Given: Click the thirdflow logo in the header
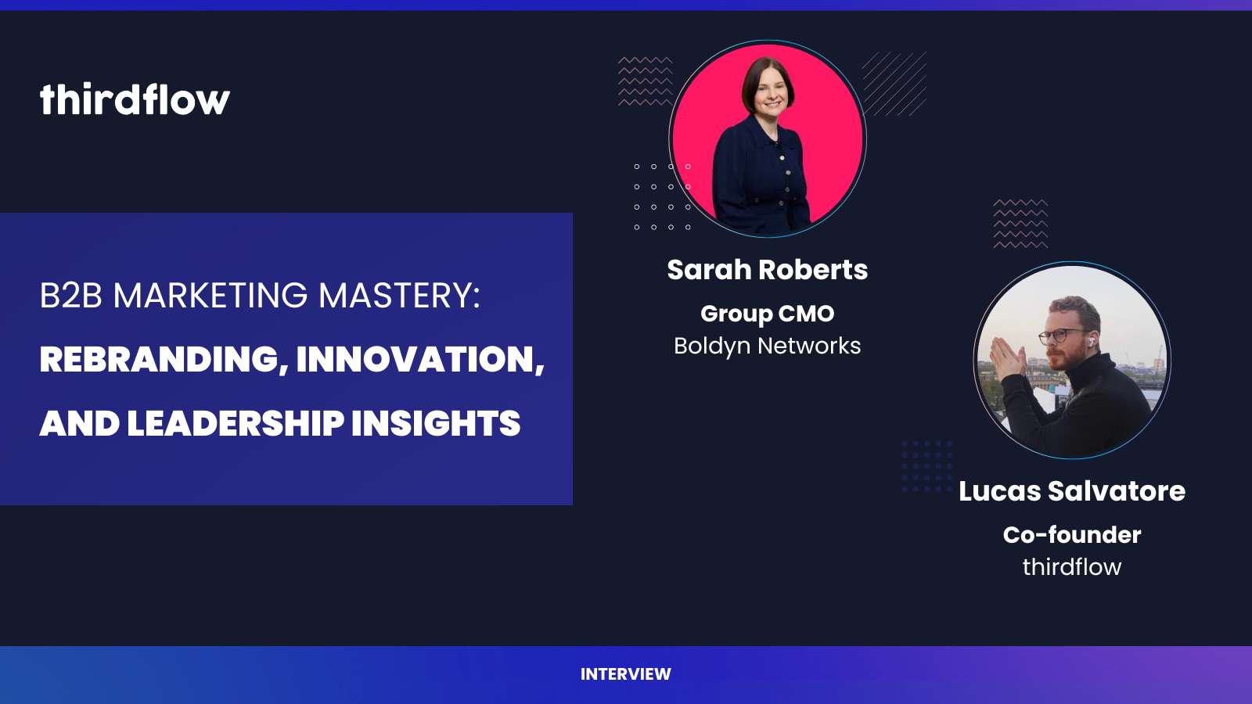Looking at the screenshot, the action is pyautogui.click(x=135, y=99).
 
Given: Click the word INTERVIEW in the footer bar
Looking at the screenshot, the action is pyautogui.click(x=625, y=673).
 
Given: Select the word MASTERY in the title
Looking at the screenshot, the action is pyautogui.click(x=399, y=295).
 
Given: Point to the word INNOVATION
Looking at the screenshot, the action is pyautogui.click(x=420, y=359).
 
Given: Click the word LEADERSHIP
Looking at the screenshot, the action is pyautogui.click(x=236, y=423).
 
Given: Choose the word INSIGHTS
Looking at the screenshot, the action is pyautogui.click(x=436, y=423).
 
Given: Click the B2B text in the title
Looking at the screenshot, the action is pyautogui.click(x=71, y=295).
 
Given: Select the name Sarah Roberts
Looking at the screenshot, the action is pyautogui.click(x=768, y=269).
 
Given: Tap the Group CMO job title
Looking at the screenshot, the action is pyautogui.click(x=768, y=314).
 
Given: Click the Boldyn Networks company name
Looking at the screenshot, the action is pyautogui.click(x=768, y=346).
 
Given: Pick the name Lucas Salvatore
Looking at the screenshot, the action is pyautogui.click(x=1072, y=491).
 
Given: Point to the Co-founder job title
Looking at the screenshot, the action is pyautogui.click(x=1072, y=535).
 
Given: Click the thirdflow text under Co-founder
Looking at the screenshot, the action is pyautogui.click(x=1072, y=567).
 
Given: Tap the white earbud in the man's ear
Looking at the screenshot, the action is pyautogui.click(x=1089, y=339).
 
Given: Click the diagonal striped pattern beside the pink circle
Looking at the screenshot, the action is pyautogui.click(x=894, y=84).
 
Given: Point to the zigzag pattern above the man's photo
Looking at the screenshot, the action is pyautogui.click(x=1020, y=224).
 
